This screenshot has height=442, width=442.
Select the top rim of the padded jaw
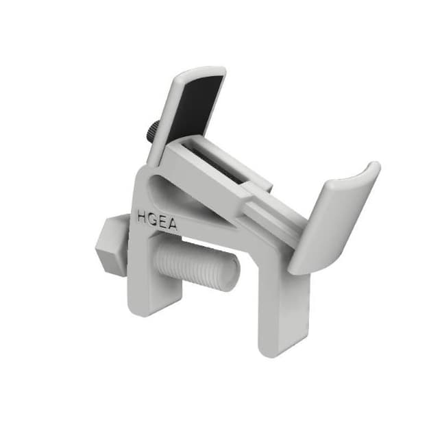[199, 71]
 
